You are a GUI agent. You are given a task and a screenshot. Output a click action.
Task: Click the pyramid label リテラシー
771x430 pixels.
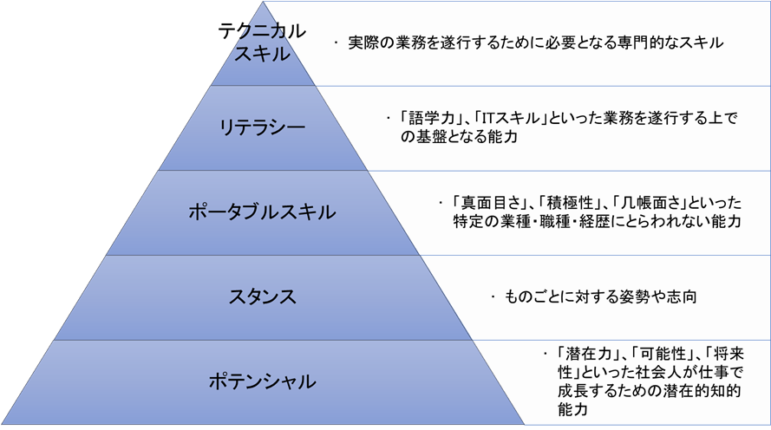click(x=262, y=127)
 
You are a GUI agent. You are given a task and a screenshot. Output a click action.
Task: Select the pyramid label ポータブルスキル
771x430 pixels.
click(x=262, y=212)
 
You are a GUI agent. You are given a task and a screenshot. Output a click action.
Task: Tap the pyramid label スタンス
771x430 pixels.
click(x=262, y=296)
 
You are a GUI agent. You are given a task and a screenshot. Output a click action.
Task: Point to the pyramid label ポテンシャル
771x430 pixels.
click(x=262, y=381)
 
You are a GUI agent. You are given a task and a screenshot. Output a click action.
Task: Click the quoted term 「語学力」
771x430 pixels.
click(x=426, y=119)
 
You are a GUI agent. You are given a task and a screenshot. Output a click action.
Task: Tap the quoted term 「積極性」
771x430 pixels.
click(x=572, y=202)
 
